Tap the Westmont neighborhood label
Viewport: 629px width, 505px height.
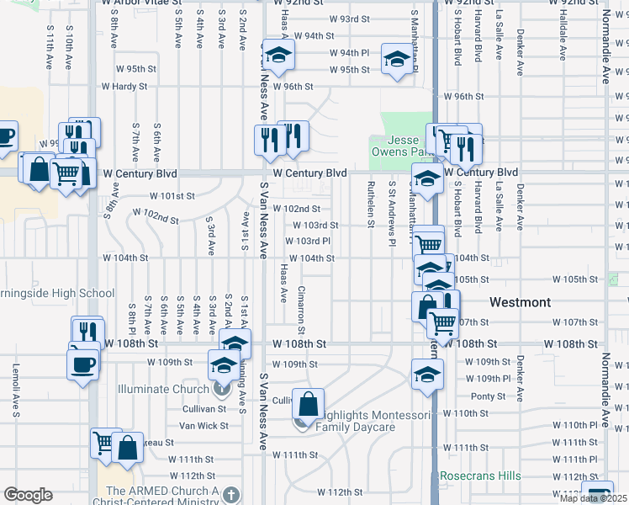click(x=521, y=302)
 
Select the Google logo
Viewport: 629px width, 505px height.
click(x=28, y=495)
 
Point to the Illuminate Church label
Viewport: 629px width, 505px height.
click(x=164, y=388)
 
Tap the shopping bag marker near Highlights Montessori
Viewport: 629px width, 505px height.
click(x=309, y=405)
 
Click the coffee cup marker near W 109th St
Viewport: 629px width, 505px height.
click(x=82, y=364)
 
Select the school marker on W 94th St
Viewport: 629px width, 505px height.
click(x=276, y=56)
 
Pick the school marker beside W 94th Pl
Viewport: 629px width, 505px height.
click(x=398, y=59)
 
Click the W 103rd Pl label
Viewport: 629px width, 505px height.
click(x=314, y=241)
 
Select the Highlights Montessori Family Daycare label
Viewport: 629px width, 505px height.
click(x=367, y=421)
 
